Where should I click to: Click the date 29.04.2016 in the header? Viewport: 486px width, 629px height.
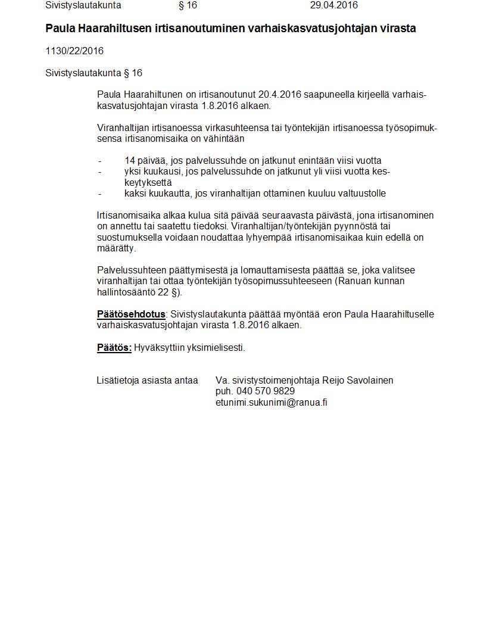tap(334, 5)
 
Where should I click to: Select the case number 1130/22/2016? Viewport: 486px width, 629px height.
tap(74, 51)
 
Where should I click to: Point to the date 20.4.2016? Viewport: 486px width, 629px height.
tap(279, 95)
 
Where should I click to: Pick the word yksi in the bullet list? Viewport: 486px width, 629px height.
tap(133, 172)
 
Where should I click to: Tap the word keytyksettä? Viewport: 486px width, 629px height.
tap(148, 183)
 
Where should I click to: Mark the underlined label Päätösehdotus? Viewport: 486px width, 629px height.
tap(131, 314)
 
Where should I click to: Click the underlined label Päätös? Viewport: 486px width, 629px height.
tap(114, 348)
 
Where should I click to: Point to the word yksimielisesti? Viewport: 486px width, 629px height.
tap(216, 348)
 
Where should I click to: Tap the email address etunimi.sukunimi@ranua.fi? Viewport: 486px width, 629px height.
tap(272, 403)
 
